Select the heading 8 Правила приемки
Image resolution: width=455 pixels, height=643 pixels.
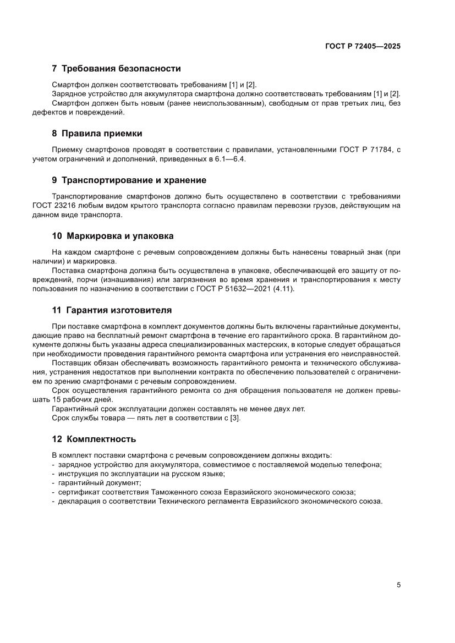tap(97, 133)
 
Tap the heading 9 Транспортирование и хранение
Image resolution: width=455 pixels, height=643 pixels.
tap(129, 180)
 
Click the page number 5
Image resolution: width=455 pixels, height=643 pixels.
tap(398, 585)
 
